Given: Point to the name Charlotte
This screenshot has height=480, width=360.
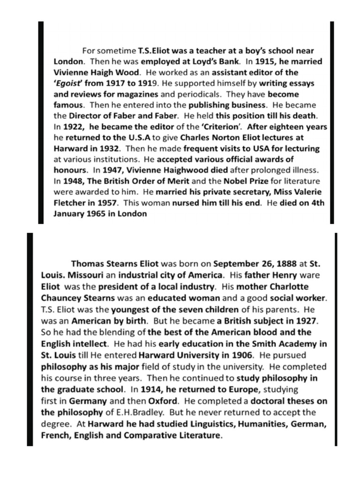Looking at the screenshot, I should pyautogui.click(x=275, y=286).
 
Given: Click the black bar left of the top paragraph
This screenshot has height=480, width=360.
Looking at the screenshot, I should pyautogui.click(x=41, y=122).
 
